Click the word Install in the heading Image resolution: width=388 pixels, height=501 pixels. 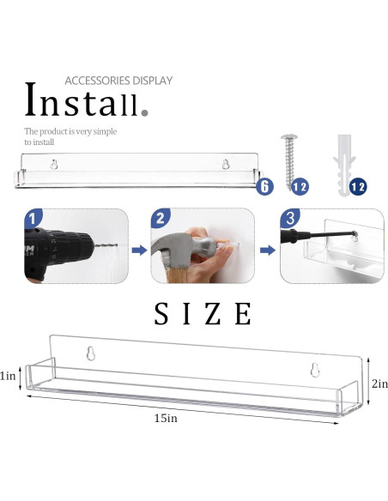[x=82, y=100]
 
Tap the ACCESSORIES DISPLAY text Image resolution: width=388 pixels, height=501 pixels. [x=118, y=81]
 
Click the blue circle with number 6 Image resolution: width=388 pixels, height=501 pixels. [x=264, y=186]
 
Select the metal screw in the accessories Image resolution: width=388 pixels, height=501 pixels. [x=289, y=160]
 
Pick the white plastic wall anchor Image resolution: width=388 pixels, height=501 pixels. [x=343, y=165]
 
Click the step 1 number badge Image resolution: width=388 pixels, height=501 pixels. [x=33, y=219]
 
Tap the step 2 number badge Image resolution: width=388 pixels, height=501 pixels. [x=160, y=219]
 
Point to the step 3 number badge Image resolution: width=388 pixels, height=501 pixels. [x=289, y=219]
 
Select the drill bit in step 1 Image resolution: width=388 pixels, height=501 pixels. [x=106, y=245]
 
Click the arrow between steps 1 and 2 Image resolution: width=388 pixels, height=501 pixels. [x=139, y=250]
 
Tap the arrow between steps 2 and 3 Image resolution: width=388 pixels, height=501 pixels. [x=268, y=250]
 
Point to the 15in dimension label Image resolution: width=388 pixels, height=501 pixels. [x=166, y=418]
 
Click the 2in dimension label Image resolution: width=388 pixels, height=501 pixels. [x=379, y=383]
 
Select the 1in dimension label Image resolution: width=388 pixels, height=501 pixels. [x=8, y=376]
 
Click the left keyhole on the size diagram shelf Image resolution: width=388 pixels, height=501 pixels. [x=91, y=353]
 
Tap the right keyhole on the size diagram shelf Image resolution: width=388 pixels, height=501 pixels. [x=315, y=370]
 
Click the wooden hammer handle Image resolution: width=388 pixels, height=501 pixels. [x=177, y=275]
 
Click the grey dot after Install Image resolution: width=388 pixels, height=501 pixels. [x=144, y=113]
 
